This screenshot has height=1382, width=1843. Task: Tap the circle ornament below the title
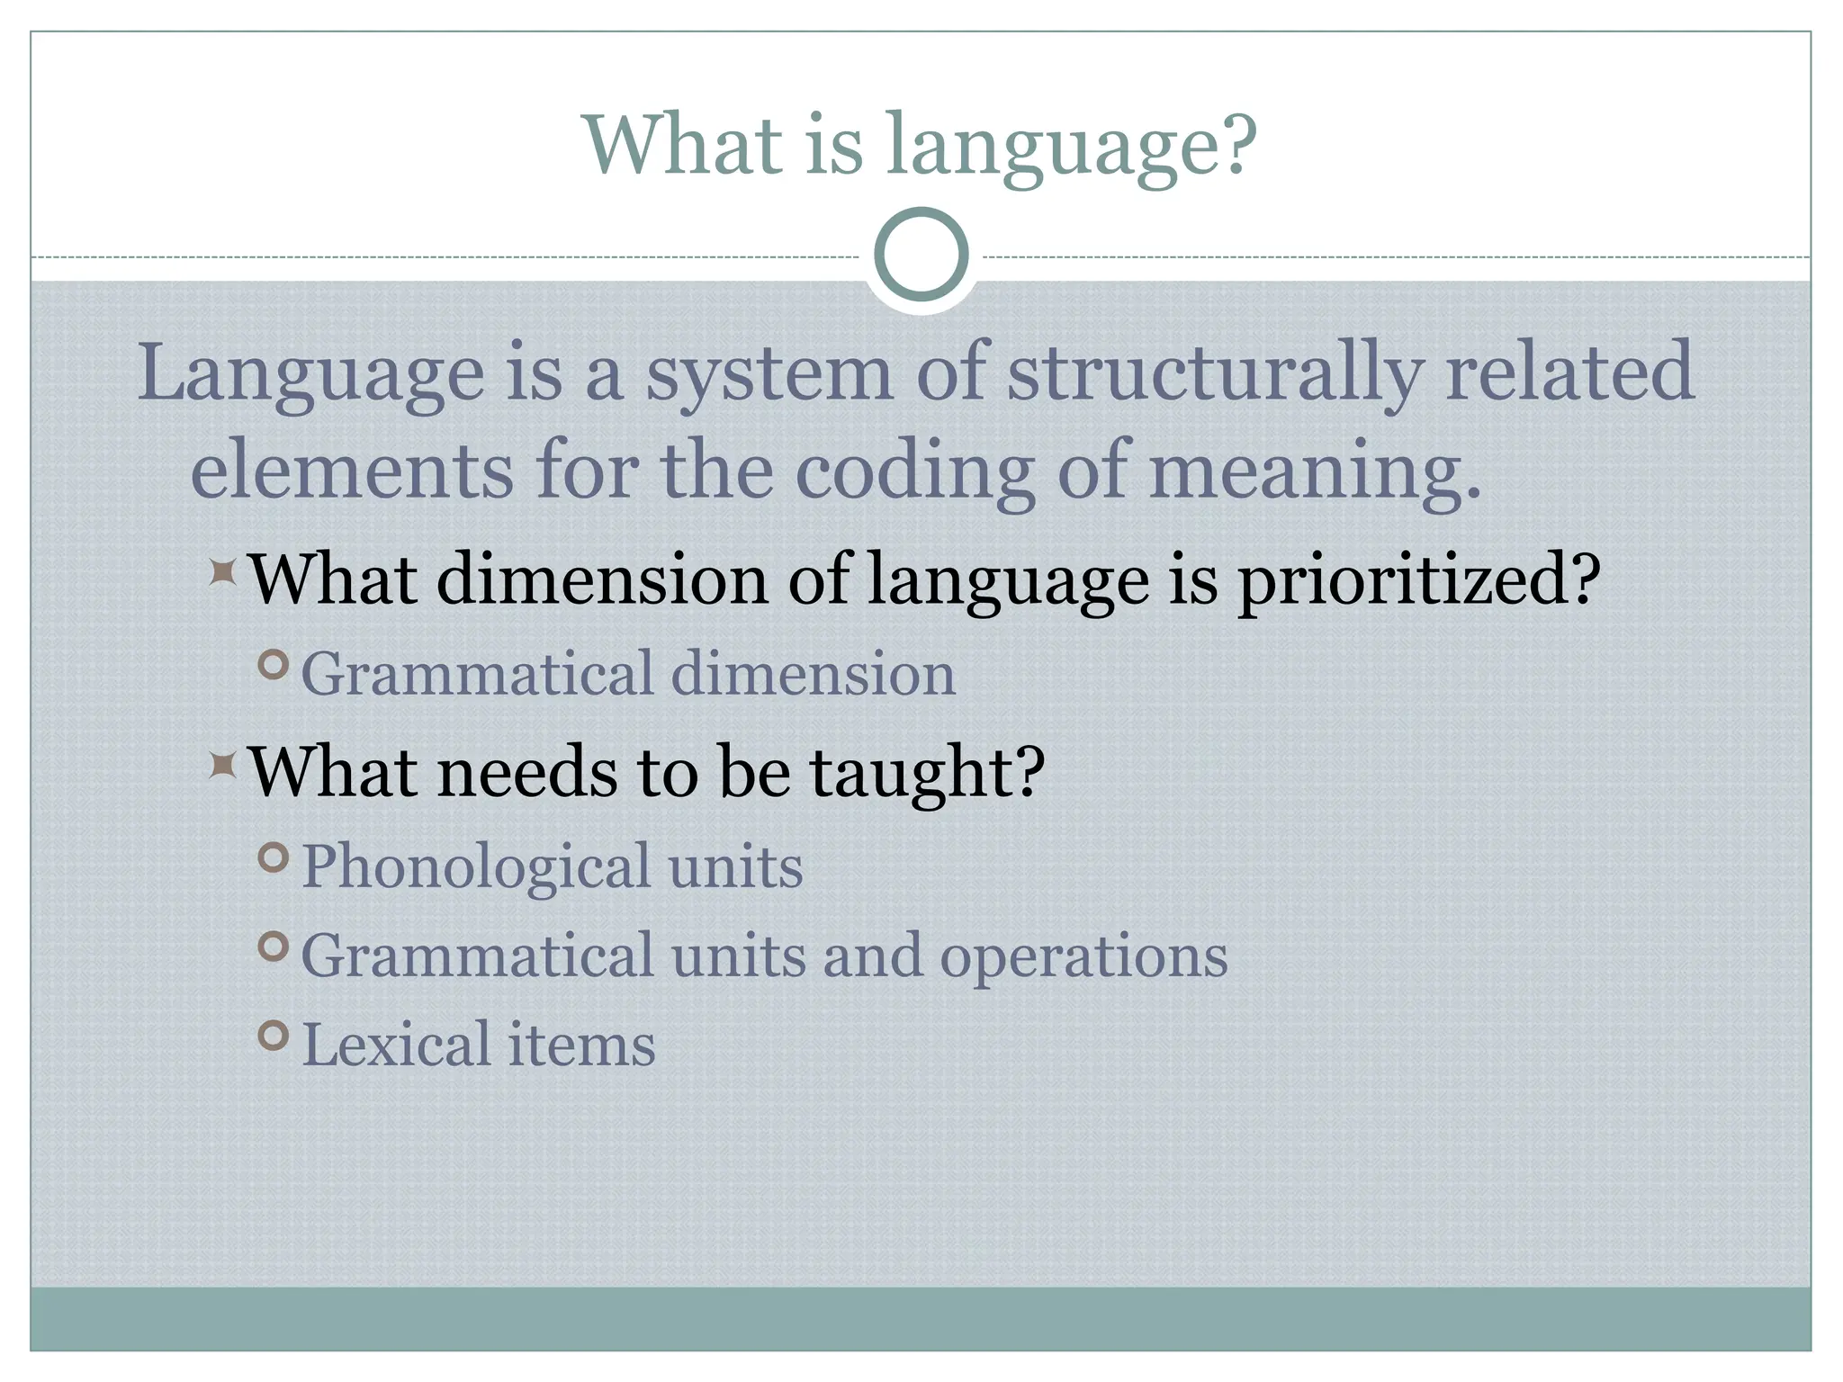coord(921,255)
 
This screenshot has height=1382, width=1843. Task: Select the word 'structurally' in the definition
coord(1214,374)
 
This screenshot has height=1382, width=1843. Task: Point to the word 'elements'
coord(352,471)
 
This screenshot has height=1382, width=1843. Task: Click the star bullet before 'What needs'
coord(222,766)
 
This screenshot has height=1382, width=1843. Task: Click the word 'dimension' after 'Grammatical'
coord(813,674)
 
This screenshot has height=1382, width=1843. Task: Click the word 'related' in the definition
coord(1569,372)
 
